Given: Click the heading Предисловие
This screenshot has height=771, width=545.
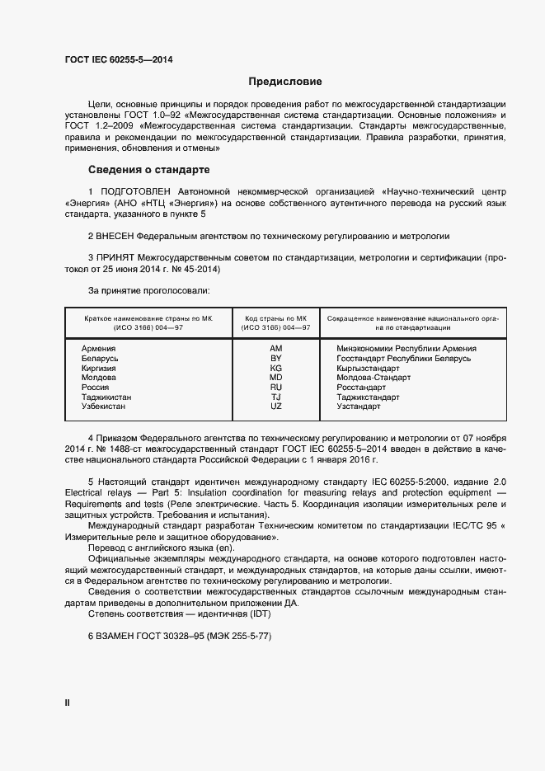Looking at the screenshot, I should pyautogui.click(x=285, y=82).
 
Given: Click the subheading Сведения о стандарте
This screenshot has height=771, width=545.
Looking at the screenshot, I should pyautogui.click(x=148, y=170).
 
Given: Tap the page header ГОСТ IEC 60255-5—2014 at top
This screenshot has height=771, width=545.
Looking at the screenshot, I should pyautogui.click(x=118, y=59).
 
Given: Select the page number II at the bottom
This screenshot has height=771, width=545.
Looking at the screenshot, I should pyautogui.click(x=67, y=703).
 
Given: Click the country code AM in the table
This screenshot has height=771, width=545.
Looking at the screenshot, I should pyautogui.click(x=276, y=349).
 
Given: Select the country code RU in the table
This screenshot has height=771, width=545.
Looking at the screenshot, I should pyautogui.click(x=276, y=387).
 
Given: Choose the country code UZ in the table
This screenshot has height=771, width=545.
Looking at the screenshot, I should pyautogui.click(x=276, y=407).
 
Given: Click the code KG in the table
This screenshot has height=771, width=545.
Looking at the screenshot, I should pyautogui.click(x=276, y=368).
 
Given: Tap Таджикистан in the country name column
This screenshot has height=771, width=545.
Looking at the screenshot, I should pyautogui.click(x=106, y=397).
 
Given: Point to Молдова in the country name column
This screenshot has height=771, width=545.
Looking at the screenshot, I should pyautogui.click(x=100, y=378).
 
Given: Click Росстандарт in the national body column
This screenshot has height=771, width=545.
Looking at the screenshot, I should pyautogui.click(x=361, y=387).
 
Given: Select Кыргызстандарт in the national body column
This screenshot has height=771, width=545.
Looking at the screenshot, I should pyautogui.click(x=369, y=368).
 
